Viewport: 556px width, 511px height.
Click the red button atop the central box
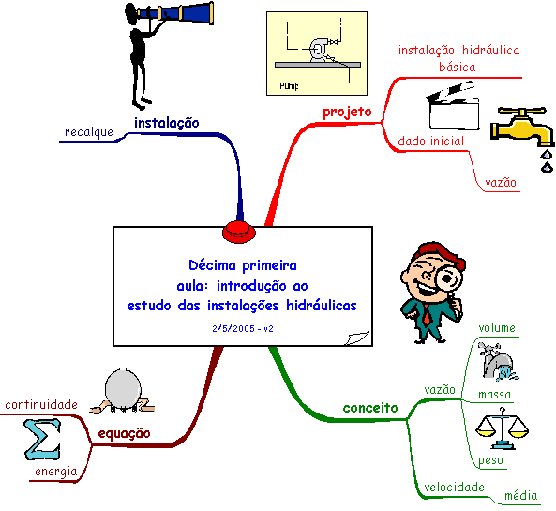pos(239,232)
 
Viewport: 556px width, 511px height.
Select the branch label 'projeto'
pos(347,113)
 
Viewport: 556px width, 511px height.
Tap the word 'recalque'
pos(89,132)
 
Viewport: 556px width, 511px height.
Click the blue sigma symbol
pos(42,439)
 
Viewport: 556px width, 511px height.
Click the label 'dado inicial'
pos(430,142)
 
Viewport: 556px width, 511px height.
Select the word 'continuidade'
pos(41,405)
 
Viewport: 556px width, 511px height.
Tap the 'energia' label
pos(56,472)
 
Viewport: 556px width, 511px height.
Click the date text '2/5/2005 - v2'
pos(243,329)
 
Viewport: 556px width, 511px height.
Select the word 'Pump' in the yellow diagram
pos(289,86)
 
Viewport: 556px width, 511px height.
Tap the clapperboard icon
pos(453,106)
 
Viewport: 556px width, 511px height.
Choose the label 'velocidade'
pos(454,488)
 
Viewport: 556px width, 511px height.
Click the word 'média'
pos(521,495)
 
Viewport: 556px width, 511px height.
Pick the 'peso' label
pos(490,460)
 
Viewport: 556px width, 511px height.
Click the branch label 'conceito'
pos(370,408)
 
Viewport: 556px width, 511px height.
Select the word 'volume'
pos(497,327)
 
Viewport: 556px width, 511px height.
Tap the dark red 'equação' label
pos(124,434)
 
